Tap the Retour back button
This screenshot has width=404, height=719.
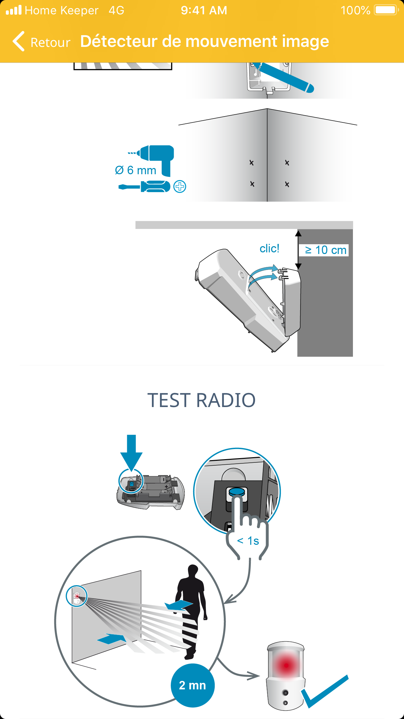click(41, 42)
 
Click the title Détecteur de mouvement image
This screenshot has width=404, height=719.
click(205, 41)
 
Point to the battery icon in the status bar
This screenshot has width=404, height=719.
click(386, 10)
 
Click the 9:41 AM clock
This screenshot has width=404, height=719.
click(204, 10)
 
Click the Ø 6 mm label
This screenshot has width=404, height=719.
click(136, 170)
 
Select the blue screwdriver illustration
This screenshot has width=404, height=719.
click(144, 187)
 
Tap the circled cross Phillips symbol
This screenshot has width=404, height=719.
click(180, 187)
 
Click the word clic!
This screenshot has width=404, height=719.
click(269, 248)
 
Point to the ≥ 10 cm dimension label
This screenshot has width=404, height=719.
click(325, 250)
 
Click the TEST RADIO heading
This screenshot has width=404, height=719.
click(202, 400)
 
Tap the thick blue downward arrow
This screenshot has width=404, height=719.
click(131, 453)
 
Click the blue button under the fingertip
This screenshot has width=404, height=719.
click(236, 491)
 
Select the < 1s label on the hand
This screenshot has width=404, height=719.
click(248, 541)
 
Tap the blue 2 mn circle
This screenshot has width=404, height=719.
click(193, 685)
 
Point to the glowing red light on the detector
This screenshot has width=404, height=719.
click(286, 665)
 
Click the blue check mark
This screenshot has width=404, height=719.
click(325, 691)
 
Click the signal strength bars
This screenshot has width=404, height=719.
click(14, 10)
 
